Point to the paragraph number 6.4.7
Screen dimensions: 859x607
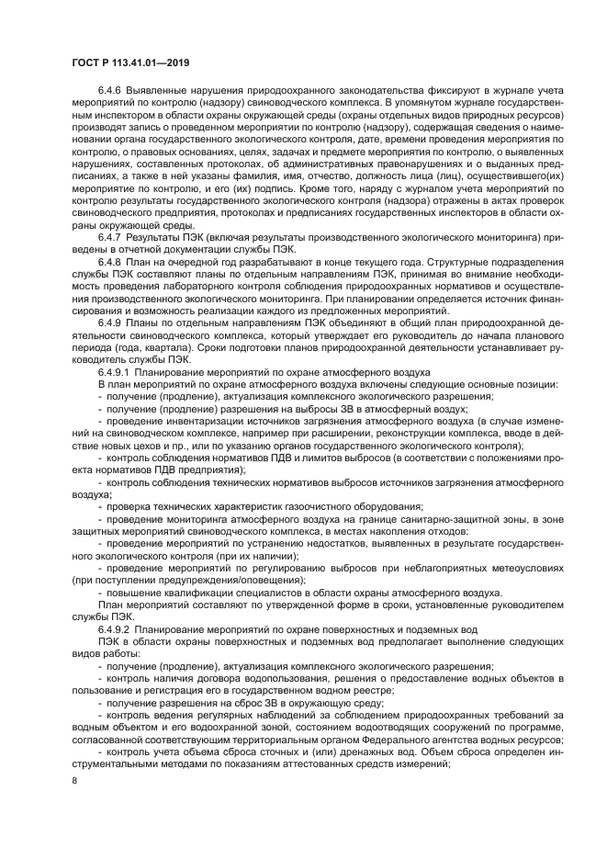(x=109, y=263)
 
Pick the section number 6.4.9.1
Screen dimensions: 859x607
(x=114, y=372)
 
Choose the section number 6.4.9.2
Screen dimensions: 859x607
(x=114, y=630)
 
